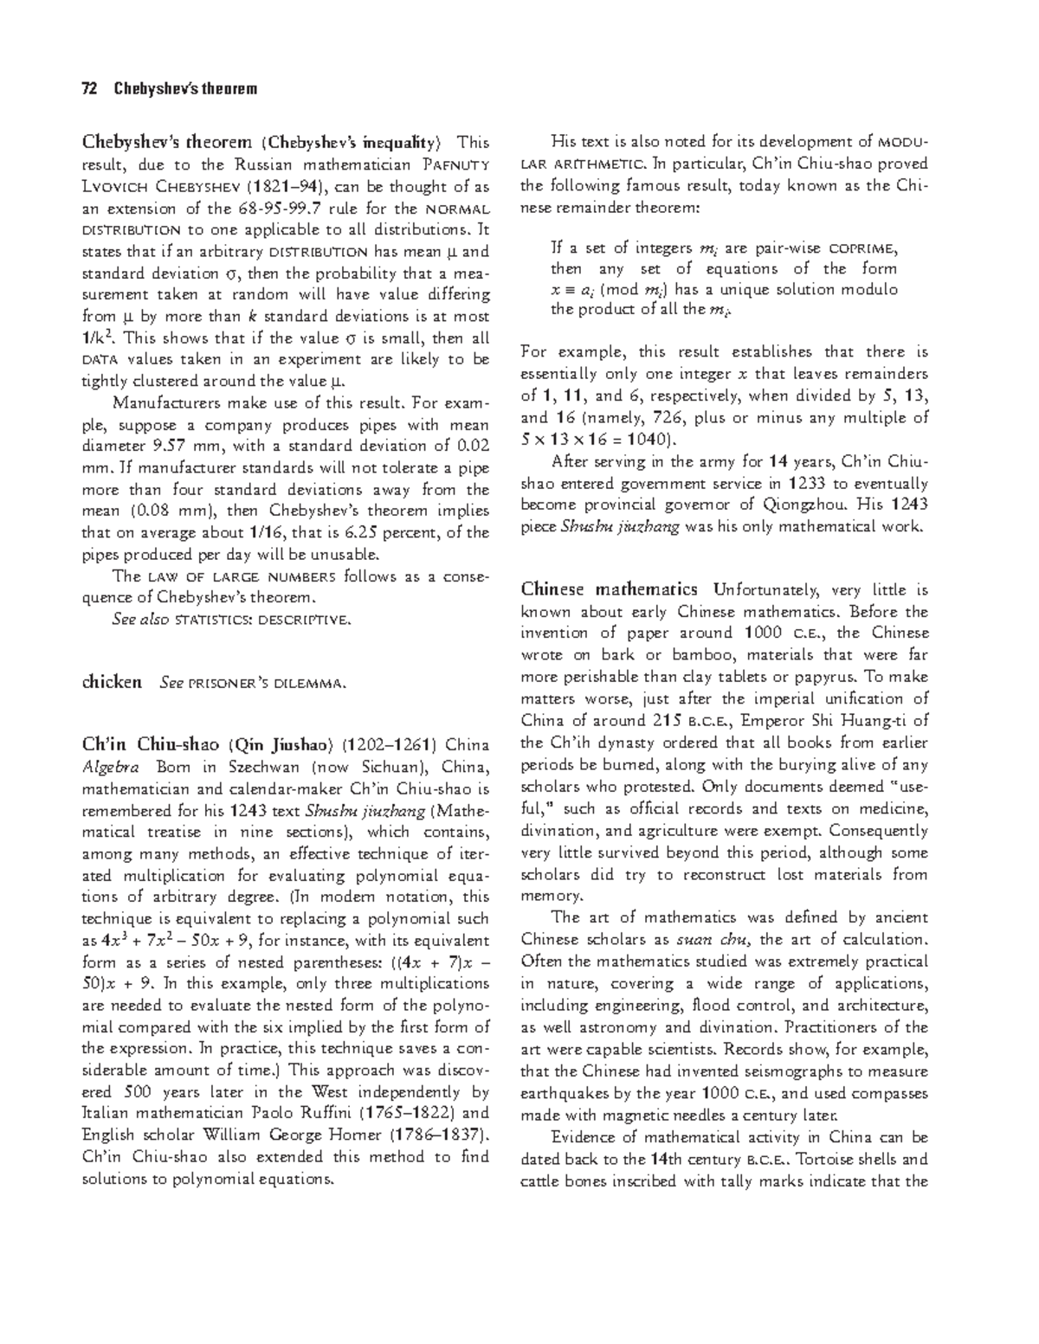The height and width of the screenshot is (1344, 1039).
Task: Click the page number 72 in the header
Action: pyautogui.click(x=88, y=89)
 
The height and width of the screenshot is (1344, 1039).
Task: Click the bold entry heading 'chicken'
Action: pyautogui.click(x=111, y=682)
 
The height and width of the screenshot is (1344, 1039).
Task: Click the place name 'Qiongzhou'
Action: pyautogui.click(x=804, y=505)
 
